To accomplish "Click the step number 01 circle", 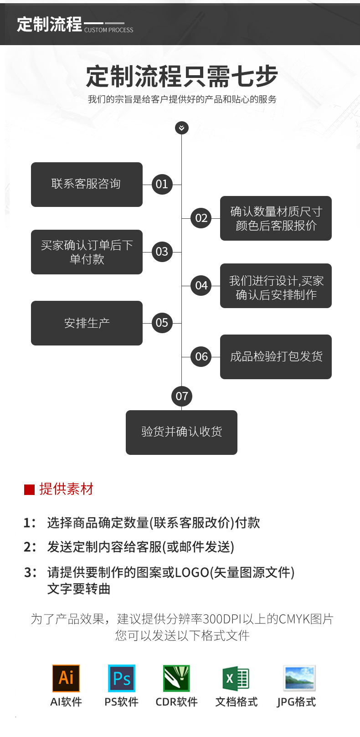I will click(162, 184).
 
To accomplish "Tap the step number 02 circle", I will click(201, 218).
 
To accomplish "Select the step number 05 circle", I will click(162, 323).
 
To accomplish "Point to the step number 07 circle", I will click(181, 396).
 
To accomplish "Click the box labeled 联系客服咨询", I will click(87, 184).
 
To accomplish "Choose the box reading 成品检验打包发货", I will click(276, 356).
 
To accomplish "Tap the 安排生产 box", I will click(87, 323).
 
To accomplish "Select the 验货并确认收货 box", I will click(181, 432).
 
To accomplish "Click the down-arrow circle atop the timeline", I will click(181, 128).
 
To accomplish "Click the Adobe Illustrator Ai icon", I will click(66, 678).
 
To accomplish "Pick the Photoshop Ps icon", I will click(121, 678).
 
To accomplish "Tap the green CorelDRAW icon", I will click(176, 678).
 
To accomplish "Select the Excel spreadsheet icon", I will click(236, 678).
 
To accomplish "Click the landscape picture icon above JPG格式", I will click(299, 678).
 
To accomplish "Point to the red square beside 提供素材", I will click(29, 490).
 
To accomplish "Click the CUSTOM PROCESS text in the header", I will click(109, 30).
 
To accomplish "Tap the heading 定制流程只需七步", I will click(181, 76).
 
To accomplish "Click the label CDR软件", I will click(176, 702).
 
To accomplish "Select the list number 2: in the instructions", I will click(30, 547).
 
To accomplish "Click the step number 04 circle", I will click(201, 285).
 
